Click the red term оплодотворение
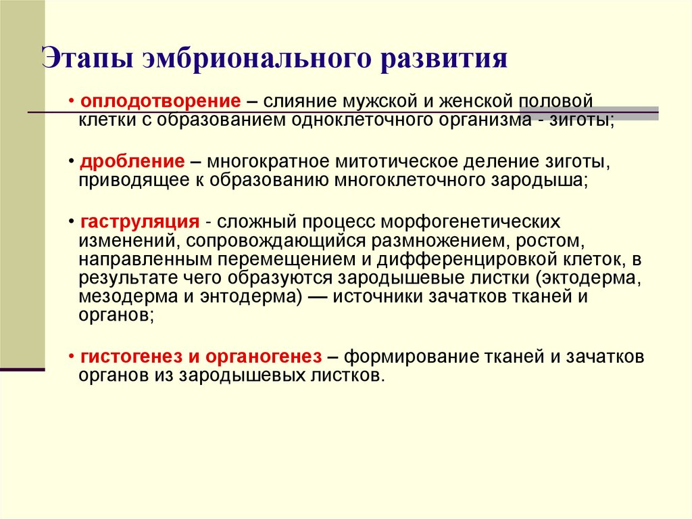[x=160, y=101]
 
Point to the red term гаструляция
[x=139, y=223]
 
